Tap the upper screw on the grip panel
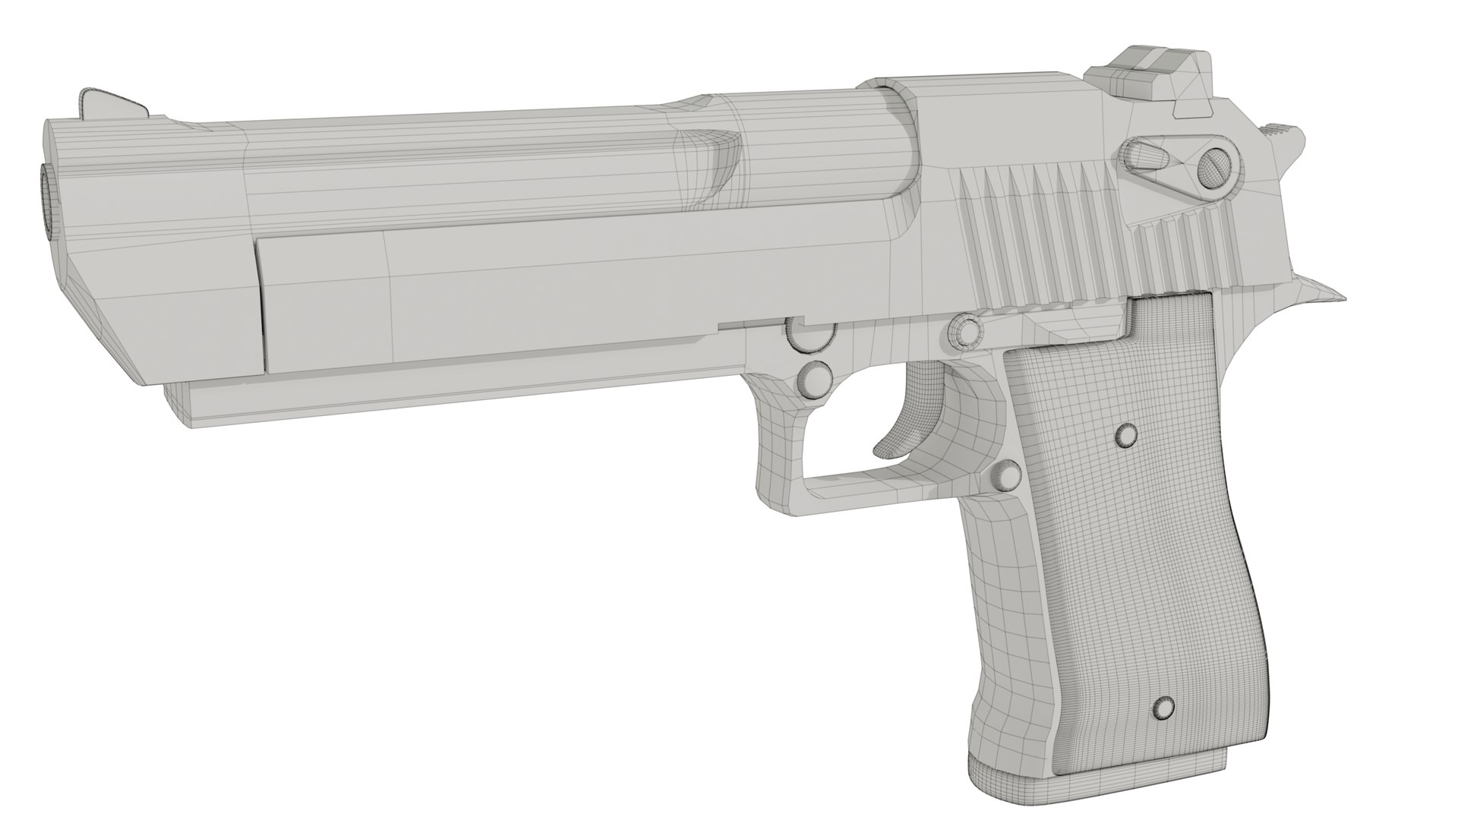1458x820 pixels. (x=1125, y=434)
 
